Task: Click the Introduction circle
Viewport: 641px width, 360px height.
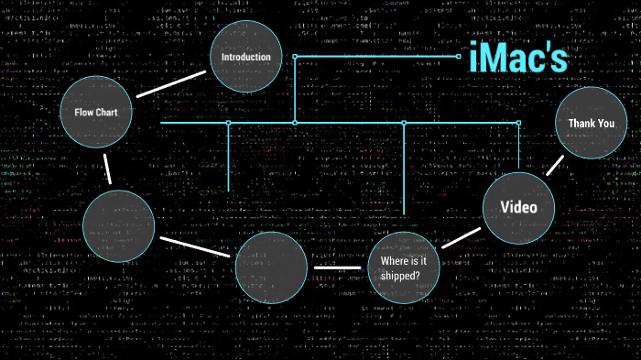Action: [245, 57]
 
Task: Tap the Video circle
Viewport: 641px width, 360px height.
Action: [518, 207]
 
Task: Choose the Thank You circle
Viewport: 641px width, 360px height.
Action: [591, 123]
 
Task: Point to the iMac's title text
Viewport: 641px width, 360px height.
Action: [518, 58]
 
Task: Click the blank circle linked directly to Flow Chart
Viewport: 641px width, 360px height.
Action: [119, 227]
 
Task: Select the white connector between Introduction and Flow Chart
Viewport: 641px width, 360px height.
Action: [171, 83]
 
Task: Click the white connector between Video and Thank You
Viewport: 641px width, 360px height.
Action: [555, 164]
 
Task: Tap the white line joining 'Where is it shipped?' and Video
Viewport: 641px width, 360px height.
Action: [461, 236]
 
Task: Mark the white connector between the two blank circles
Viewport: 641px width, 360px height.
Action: [196, 245]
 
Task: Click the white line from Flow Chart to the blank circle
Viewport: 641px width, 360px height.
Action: [108, 169]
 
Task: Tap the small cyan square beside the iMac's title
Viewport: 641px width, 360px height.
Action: [459, 56]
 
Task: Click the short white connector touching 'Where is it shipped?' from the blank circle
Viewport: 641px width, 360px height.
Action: [340, 267]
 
